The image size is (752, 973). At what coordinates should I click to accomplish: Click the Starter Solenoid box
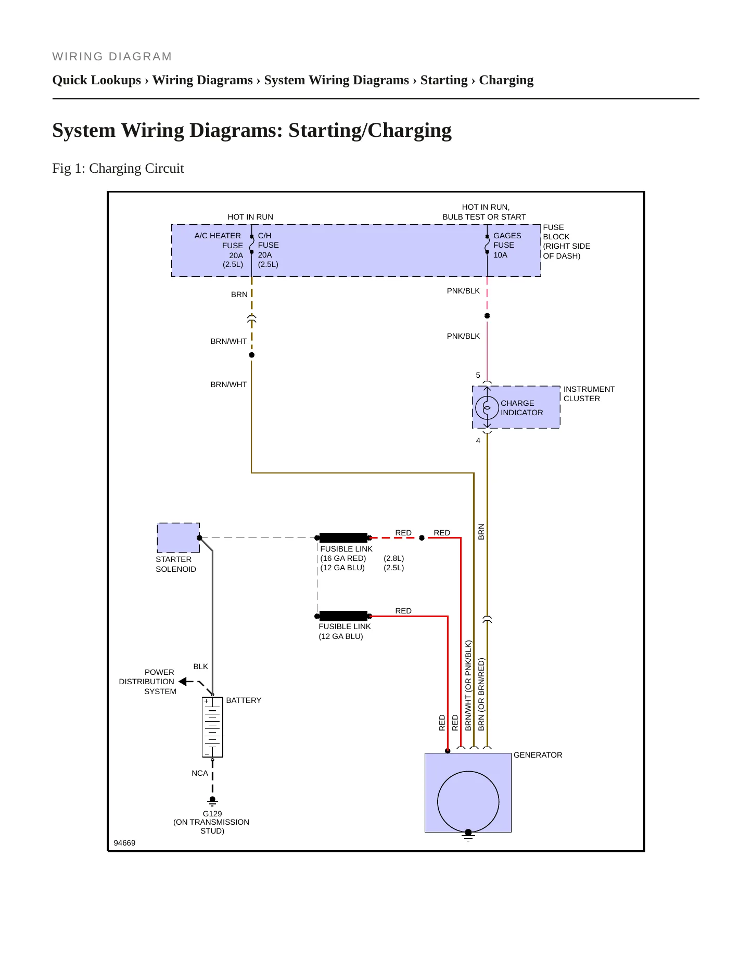click(179, 537)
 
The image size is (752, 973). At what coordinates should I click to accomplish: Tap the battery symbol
click(212, 727)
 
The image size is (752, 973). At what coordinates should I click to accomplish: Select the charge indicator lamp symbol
click(487, 407)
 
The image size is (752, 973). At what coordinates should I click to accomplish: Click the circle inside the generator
click(468, 802)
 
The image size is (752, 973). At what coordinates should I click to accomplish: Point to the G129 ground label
click(212, 814)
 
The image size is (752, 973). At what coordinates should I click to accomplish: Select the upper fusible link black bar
click(343, 537)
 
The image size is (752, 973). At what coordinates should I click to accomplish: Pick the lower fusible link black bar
click(343, 616)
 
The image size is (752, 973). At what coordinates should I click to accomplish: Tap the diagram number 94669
click(124, 843)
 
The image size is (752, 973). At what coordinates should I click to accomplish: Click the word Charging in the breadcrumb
click(506, 80)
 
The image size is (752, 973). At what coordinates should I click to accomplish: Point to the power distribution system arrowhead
click(183, 681)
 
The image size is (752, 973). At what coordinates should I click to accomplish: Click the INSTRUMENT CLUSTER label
click(589, 394)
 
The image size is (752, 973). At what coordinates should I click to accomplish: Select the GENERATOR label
click(538, 755)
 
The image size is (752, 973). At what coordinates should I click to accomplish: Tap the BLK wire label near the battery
click(200, 667)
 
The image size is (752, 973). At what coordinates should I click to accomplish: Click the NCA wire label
click(200, 773)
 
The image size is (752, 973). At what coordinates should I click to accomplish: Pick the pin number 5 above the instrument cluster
click(478, 375)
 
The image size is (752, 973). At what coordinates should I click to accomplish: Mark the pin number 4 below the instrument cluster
click(478, 441)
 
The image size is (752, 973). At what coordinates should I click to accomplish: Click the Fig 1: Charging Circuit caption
click(118, 169)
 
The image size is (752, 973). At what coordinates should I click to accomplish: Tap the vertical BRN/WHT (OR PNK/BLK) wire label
click(468, 686)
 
